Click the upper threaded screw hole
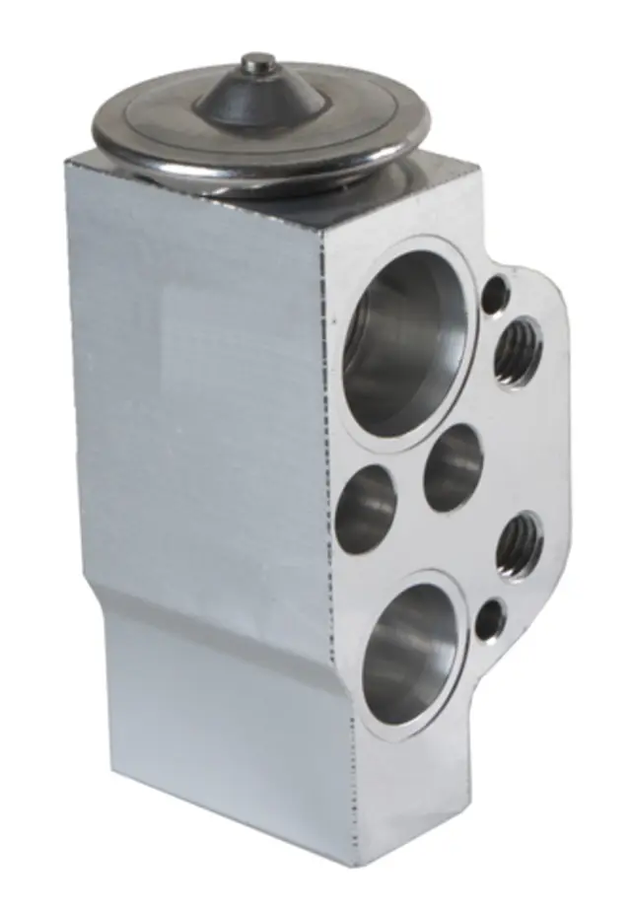pos(516,352)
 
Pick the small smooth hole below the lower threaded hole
pos(489,620)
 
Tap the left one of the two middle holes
pos(366,508)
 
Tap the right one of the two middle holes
pos(454,467)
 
